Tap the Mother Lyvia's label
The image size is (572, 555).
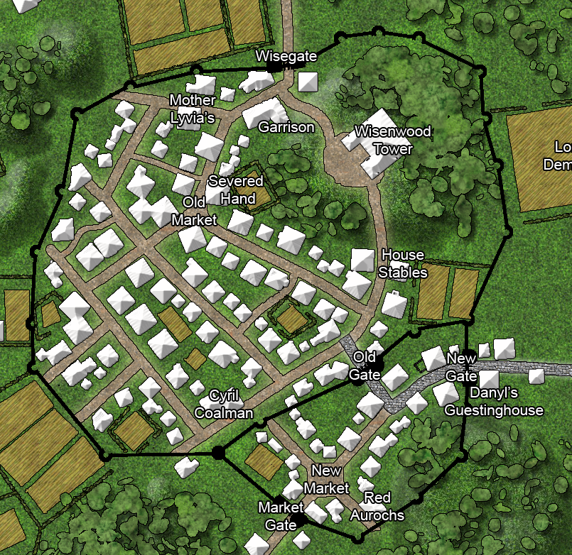pyautogui.click(x=192, y=109)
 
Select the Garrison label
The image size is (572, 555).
pyautogui.click(x=286, y=127)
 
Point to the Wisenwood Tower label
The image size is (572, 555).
pyautogui.click(x=383, y=140)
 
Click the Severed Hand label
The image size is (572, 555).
pyautogui.click(x=237, y=189)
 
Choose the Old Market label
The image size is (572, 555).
pyautogui.click(x=194, y=211)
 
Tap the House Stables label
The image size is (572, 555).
pyautogui.click(x=403, y=263)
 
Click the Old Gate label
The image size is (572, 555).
pyautogui.click(x=365, y=365)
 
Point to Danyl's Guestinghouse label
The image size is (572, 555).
pyautogui.click(x=494, y=402)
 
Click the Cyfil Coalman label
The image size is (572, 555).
pyautogui.click(x=223, y=405)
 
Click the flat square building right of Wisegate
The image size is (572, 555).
pyautogui.click(x=308, y=82)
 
